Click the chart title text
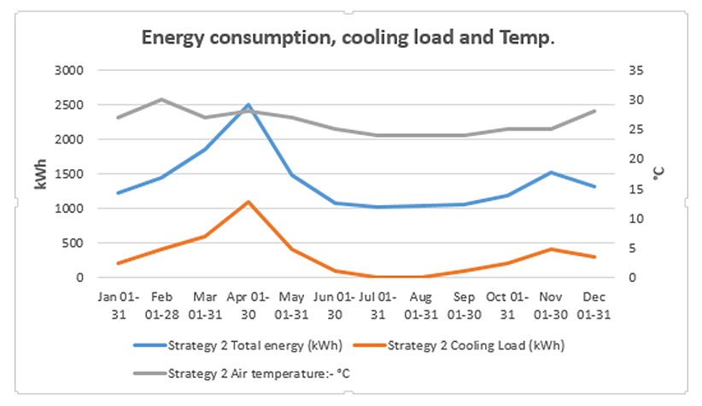tap(348, 38)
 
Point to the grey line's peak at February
tap(161, 99)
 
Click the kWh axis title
tap(40, 174)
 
